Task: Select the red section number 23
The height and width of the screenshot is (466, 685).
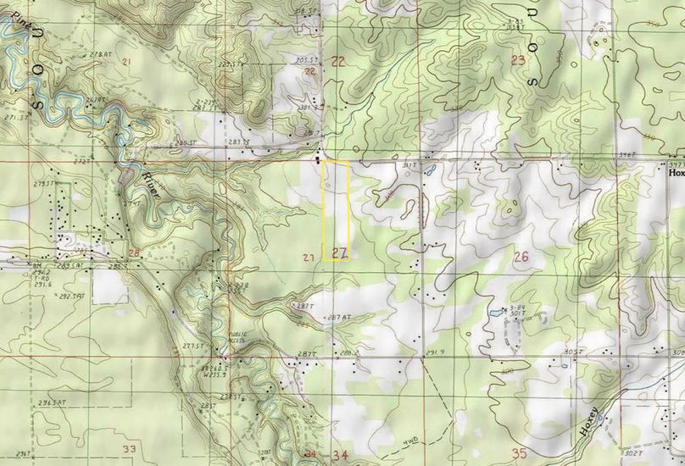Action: (x=519, y=59)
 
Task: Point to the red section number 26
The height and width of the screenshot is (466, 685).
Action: (x=520, y=257)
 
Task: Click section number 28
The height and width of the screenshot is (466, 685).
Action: (x=134, y=253)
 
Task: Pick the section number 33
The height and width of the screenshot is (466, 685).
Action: (x=129, y=449)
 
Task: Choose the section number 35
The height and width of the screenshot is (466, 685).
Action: (x=519, y=453)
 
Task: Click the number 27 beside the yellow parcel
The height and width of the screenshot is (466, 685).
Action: (x=340, y=252)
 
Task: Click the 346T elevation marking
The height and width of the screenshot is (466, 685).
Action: (x=627, y=154)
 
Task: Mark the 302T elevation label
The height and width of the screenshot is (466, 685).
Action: (x=631, y=454)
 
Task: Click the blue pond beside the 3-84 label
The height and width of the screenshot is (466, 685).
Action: (x=494, y=315)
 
